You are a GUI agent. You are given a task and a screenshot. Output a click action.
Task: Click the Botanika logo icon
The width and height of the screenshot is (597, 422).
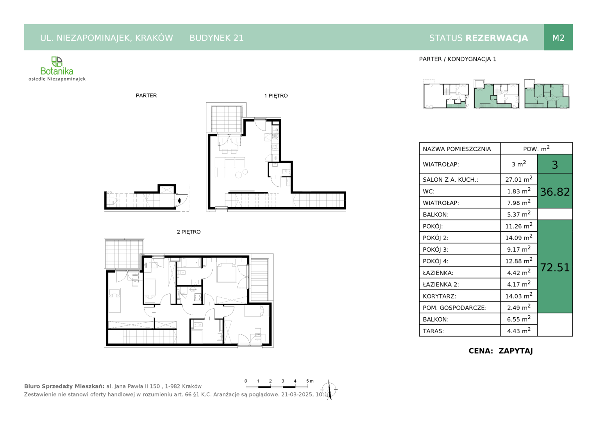coord(57,62)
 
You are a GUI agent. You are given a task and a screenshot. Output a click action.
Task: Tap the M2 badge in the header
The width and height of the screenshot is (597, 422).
coord(558,38)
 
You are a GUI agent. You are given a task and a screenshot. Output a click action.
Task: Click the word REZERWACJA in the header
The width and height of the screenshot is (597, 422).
coord(497,38)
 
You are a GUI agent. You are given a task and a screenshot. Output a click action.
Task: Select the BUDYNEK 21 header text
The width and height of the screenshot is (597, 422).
coord(216,38)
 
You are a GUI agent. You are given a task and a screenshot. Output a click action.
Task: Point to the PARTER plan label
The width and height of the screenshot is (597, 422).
coord(146,95)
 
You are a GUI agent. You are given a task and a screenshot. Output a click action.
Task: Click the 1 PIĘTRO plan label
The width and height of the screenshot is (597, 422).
coord(276,95)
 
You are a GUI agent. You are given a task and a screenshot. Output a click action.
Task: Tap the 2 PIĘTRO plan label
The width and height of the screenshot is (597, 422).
coord(189,232)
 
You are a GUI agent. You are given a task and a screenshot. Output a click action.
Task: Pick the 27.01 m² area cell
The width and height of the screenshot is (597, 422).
coord(518,179)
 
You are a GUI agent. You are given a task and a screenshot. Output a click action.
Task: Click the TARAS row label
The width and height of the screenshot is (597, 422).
coord(433,331)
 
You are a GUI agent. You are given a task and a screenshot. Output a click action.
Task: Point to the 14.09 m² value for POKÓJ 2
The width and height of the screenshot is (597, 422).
coord(518,237)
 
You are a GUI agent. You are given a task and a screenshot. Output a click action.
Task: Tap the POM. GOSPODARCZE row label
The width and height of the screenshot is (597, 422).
coord(455,308)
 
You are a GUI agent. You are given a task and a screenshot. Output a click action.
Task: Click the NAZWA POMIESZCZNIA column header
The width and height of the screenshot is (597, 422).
coord(457,149)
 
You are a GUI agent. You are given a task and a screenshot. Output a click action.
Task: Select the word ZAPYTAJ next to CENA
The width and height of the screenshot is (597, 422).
coord(515,351)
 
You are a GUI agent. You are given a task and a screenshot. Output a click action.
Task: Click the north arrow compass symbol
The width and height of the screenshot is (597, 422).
coord(329,390)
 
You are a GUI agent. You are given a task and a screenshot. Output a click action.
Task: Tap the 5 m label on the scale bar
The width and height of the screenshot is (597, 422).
coord(310,381)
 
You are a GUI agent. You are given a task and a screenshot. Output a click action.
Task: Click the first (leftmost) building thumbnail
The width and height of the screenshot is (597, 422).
coord(446,94)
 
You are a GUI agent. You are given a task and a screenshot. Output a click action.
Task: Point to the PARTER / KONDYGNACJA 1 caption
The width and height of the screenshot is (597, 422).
coord(458,59)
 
